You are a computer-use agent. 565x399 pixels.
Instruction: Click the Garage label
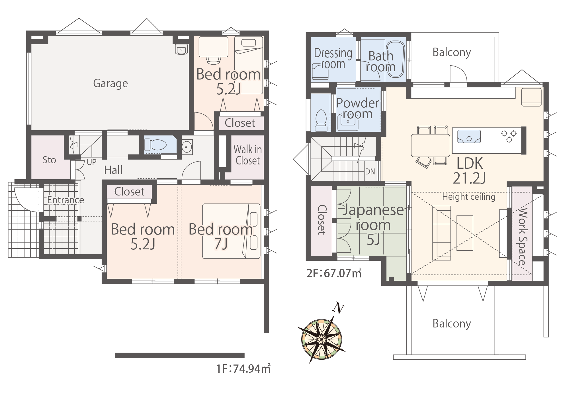click(x=110, y=84)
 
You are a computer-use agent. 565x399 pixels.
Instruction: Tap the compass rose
click(x=322, y=339)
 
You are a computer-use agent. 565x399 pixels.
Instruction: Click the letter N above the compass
click(x=338, y=308)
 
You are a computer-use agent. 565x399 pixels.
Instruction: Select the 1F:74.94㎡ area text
click(x=243, y=369)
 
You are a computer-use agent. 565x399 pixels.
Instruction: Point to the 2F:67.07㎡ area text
click(x=334, y=273)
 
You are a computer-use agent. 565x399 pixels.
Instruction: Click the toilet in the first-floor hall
click(x=155, y=145)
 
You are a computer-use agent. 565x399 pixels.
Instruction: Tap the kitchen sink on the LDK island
click(x=469, y=137)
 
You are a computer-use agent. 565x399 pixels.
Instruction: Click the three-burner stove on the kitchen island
click(x=509, y=136)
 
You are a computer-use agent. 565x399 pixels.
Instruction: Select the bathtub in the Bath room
click(x=395, y=59)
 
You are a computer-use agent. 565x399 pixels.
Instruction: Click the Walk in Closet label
click(x=247, y=155)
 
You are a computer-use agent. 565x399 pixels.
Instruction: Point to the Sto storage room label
click(x=49, y=160)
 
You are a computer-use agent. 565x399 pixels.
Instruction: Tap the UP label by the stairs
click(x=92, y=162)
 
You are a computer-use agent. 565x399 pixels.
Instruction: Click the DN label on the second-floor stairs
click(x=370, y=172)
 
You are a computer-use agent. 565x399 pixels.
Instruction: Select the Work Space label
click(x=522, y=237)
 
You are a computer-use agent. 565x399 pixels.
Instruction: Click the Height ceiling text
click(x=469, y=197)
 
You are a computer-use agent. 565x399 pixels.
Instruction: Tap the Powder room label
click(x=358, y=109)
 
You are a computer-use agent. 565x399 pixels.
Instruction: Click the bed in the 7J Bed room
click(x=231, y=231)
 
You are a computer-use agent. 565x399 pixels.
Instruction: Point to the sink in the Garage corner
click(x=181, y=50)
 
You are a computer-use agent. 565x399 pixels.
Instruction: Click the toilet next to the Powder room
click(x=321, y=121)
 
